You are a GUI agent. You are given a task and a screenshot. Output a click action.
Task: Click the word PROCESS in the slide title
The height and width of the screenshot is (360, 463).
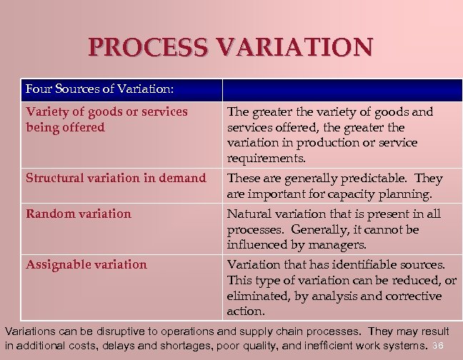(149, 48)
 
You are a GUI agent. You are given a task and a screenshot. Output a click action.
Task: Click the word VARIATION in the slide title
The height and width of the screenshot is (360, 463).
(295, 48)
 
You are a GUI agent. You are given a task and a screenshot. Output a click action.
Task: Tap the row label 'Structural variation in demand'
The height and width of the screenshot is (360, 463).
(116, 178)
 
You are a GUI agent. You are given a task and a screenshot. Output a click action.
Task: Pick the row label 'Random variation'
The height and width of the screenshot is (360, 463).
(79, 214)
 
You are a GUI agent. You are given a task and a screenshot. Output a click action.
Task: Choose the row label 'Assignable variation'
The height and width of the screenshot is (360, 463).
(86, 264)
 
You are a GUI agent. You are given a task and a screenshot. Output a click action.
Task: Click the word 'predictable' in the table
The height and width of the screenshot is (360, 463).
(377, 178)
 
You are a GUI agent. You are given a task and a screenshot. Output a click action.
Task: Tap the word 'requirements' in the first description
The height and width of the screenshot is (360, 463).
(266, 159)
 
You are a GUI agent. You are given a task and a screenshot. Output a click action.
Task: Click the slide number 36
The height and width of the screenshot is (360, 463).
(439, 346)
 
